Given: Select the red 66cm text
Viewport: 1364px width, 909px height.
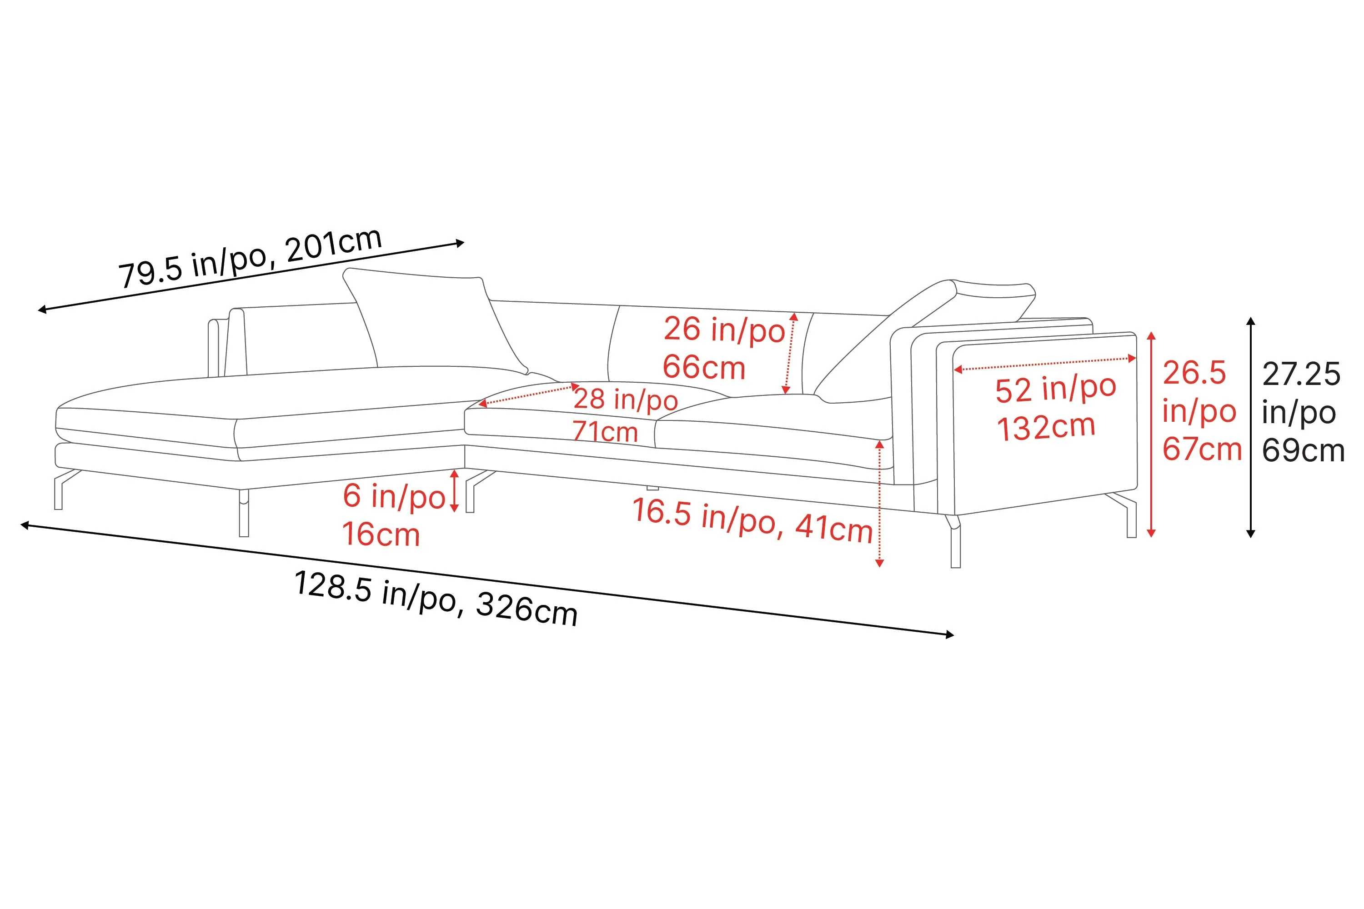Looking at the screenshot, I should tap(703, 368).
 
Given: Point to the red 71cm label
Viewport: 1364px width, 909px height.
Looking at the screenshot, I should tap(605, 432).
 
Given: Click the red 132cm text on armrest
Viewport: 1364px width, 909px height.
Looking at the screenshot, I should tap(1046, 428).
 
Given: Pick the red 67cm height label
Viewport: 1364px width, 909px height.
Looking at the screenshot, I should tap(1202, 450).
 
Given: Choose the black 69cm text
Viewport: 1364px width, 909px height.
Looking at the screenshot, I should tap(1303, 450).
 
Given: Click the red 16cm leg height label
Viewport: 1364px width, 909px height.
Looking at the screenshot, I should tap(381, 534).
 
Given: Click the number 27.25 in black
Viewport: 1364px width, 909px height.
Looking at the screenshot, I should tap(1301, 374).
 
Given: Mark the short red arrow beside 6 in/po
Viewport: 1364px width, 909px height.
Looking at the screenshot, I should tap(455, 491).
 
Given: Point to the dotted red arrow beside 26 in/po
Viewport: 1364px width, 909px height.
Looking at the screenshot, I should tap(790, 353).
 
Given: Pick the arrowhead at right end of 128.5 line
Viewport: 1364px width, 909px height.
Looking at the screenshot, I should tap(949, 635).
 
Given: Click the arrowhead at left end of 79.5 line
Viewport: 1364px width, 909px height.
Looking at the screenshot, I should tap(42, 310).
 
